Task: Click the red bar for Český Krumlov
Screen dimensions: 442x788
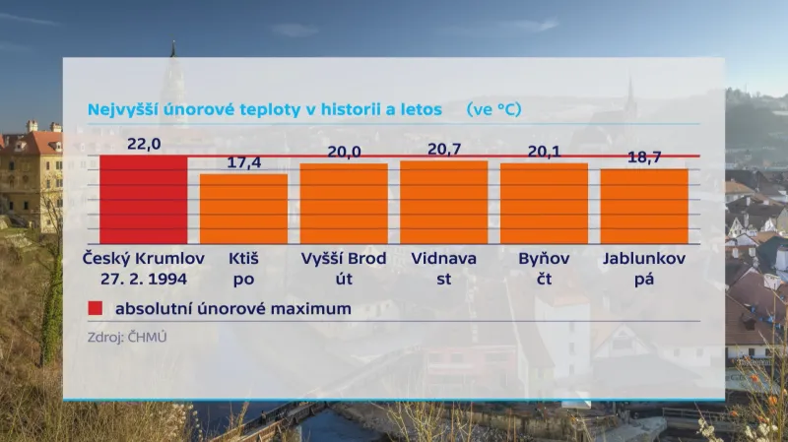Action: (x=143, y=200)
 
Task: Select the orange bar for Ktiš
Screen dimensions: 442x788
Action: (x=243, y=209)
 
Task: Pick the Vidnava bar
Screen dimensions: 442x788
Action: (x=443, y=202)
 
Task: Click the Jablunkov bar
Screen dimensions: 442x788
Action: (x=644, y=207)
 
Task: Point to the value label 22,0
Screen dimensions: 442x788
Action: (x=144, y=144)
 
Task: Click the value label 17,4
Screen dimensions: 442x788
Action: (x=243, y=162)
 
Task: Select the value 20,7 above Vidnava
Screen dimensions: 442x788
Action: (x=444, y=149)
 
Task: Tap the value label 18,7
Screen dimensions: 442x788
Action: (x=645, y=158)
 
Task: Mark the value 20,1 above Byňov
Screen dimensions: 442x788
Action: (x=545, y=152)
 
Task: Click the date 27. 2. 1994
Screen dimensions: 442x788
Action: (x=143, y=279)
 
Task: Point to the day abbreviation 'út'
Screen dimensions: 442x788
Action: (x=344, y=279)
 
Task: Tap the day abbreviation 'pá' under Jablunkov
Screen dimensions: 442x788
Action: (x=644, y=279)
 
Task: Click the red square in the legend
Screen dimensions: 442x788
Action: (x=95, y=309)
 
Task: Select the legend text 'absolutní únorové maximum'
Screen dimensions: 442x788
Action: (x=232, y=309)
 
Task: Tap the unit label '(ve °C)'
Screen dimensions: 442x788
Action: (x=493, y=108)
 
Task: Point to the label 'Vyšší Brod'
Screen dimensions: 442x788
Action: (x=344, y=258)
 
